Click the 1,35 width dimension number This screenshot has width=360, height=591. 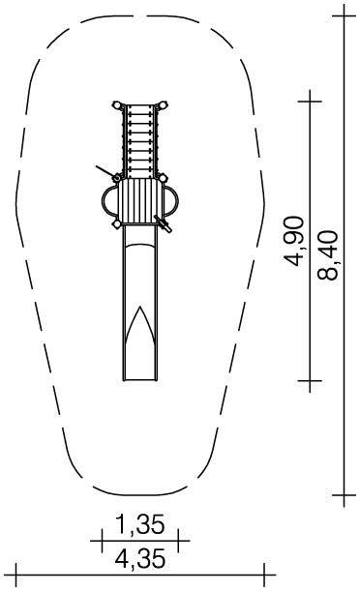[x=140, y=524]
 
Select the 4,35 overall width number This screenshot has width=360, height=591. [x=140, y=558]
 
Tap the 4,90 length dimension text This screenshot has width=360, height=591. [x=294, y=241]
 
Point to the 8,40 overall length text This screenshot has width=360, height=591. [x=327, y=255]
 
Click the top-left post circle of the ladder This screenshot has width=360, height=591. [x=117, y=105]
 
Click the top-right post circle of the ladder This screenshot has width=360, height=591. [x=163, y=104]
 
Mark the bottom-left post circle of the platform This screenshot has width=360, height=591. [x=117, y=224]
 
